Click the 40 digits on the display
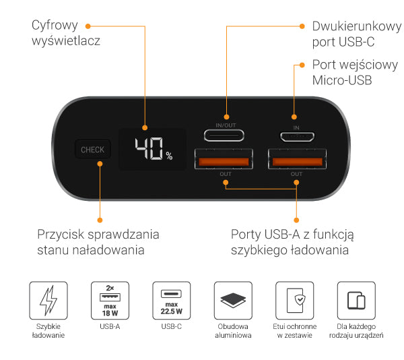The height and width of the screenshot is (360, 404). pos(149,148)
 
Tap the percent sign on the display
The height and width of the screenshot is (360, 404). pos(169,156)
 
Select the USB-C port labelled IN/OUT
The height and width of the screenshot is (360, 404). pos(224,135)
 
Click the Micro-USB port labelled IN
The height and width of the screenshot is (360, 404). pos(297,137)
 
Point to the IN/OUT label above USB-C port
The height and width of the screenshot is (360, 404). pos(226,125)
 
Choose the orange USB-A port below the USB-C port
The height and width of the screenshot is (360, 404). pos(224,159)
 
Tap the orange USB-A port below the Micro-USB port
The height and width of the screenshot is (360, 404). pos(297,159)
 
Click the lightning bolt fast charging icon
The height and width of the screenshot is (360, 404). pos(48,301)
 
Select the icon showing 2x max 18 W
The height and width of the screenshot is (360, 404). pos(110,301)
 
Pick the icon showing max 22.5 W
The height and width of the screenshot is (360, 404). pos(172,301)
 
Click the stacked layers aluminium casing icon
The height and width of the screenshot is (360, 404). pos(233,301)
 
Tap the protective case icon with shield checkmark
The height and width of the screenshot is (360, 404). pos(295,301)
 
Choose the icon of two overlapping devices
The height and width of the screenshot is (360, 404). pos(356,301)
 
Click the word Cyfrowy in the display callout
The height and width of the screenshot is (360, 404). pos(55,26)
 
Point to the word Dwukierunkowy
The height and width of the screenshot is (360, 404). pos(357,26)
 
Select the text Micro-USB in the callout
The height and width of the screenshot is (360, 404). pos(342,80)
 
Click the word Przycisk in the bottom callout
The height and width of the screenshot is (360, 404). pos(61,235)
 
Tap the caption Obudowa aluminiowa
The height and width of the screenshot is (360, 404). pos(233,331)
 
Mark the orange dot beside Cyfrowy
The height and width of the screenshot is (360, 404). pos(88,26)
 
